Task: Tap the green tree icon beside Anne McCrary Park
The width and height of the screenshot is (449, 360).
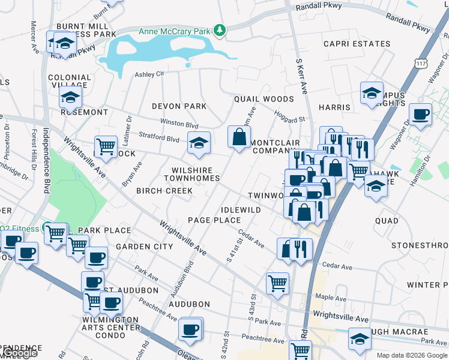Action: click(220, 30)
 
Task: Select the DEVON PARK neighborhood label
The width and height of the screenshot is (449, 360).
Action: click(179, 106)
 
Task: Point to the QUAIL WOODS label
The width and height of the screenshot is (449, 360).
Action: click(264, 99)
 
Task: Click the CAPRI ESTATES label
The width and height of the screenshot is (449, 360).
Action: click(357, 44)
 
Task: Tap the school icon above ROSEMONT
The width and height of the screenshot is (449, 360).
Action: click(70, 97)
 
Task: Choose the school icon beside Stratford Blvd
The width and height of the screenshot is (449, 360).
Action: click(199, 142)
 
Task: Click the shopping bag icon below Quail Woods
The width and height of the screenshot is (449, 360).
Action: click(239, 137)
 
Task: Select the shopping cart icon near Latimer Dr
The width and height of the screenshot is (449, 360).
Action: click(106, 146)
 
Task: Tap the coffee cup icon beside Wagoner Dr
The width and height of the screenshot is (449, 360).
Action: click(420, 114)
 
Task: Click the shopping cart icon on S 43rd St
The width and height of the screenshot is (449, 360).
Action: click(277, 283)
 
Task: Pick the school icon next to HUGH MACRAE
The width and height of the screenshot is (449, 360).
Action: click(360, 340)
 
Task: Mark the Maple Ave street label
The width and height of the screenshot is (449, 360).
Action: click(331, 298)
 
